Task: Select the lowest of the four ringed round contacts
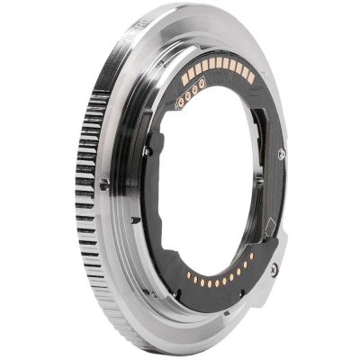point(181,103)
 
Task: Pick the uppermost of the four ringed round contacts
point(202,83)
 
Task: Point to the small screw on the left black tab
point(147,150)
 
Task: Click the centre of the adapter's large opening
point(211,180)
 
